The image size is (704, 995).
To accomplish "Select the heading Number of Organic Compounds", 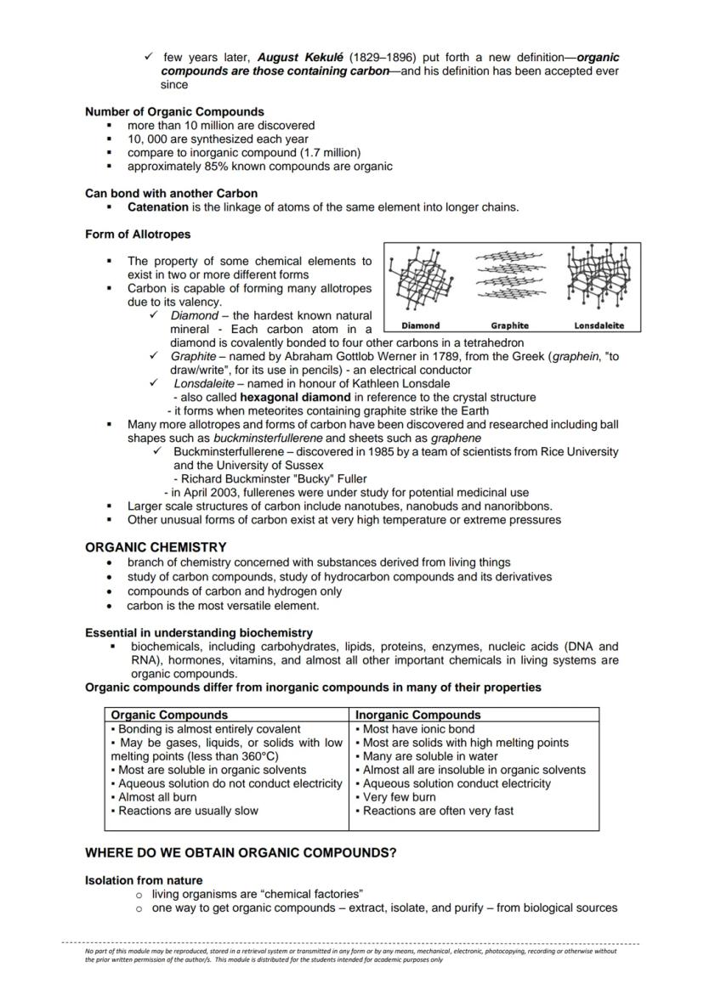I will tap(174, 111).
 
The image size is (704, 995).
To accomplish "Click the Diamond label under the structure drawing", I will tap(420, 325).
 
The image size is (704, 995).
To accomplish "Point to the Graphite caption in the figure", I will tap(509, 325).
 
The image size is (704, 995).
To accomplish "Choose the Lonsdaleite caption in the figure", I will tap(599, 325).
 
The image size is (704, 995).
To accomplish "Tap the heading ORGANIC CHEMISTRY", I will tap(156, 547).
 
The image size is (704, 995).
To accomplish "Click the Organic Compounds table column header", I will tap(169, 715).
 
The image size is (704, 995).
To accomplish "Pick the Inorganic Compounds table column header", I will tap(417, 715).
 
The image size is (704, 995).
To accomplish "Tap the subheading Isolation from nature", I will tap(144, 880).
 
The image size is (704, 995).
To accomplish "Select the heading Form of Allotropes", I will tap(138, 234).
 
